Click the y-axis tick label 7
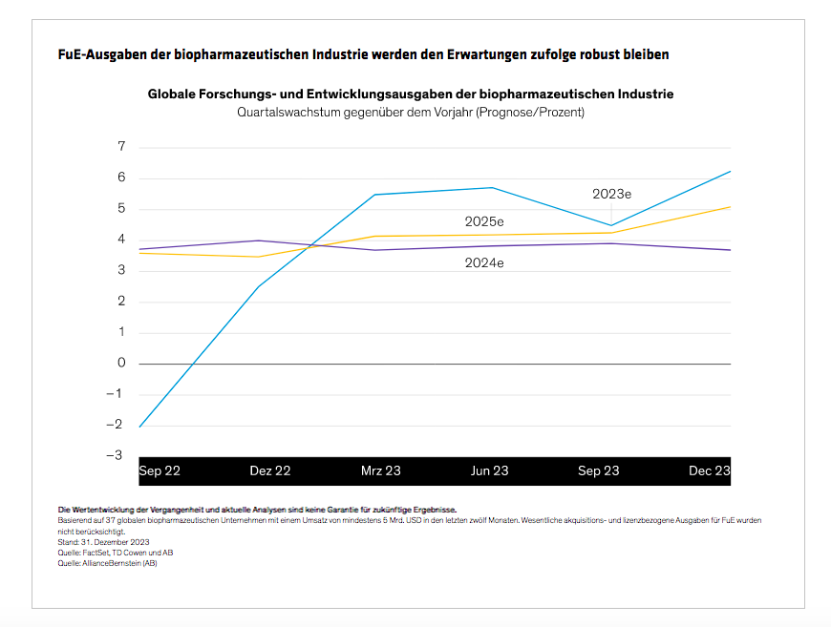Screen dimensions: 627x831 pos(121,147)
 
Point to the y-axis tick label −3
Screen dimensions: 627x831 pos(117,455)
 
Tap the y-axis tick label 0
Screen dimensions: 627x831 pos(121,363)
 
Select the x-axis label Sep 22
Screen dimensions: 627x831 pos(160,470)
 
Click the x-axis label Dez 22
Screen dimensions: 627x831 pos(269,470)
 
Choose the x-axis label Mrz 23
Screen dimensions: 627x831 pos(380,470)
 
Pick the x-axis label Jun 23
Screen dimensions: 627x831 pos(490,470)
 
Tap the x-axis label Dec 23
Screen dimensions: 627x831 pos(710,470)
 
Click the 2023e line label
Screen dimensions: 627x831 pos(611,194)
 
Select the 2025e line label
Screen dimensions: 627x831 pos(484,221)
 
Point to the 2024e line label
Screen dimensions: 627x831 pos(484,262)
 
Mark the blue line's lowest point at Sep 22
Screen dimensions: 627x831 pos(140,427)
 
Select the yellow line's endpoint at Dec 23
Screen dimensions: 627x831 pos(731,206)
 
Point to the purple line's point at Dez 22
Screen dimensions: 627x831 pos(258,240)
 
